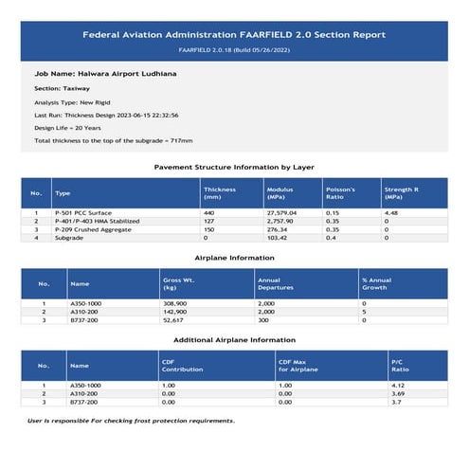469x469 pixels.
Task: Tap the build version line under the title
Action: coord(234,49)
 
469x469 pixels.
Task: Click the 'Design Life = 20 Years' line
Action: coord(66,127)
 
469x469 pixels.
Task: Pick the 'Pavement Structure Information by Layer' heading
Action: coord(234,168)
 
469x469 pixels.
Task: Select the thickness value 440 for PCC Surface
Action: coord(209,214)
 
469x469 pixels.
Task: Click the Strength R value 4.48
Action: coord(390,214)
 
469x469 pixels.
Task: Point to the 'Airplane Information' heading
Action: coord(234,258)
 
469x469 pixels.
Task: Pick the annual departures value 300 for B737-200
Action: coord(262,320)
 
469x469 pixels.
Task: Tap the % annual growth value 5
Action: coord(363,312)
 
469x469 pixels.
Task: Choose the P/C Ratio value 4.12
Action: coord(398,387)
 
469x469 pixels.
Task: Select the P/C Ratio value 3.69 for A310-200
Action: coord(398,394)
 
